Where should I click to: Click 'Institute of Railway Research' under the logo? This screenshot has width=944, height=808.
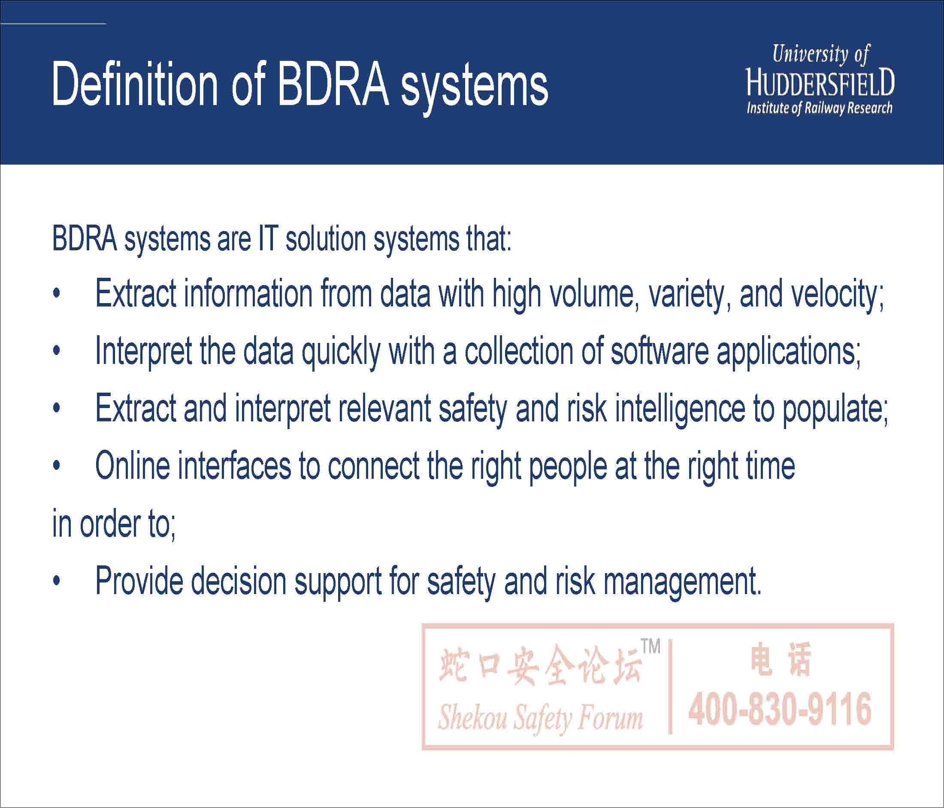tap(819, 108)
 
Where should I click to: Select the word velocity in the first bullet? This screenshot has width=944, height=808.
tap(838, 295)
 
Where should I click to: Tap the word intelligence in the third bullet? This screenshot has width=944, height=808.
tap(680, 409)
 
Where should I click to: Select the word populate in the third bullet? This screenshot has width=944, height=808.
tap(835, 410)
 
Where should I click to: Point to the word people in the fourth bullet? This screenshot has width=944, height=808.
tap(568, 468)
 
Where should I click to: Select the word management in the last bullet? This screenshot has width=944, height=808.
tap(682, 582)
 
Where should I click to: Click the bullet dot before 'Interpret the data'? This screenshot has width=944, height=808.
tap(57, 351)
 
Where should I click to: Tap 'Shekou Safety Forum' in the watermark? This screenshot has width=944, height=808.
tap(540, 718)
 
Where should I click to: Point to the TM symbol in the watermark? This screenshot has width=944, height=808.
tap(651, 646)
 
